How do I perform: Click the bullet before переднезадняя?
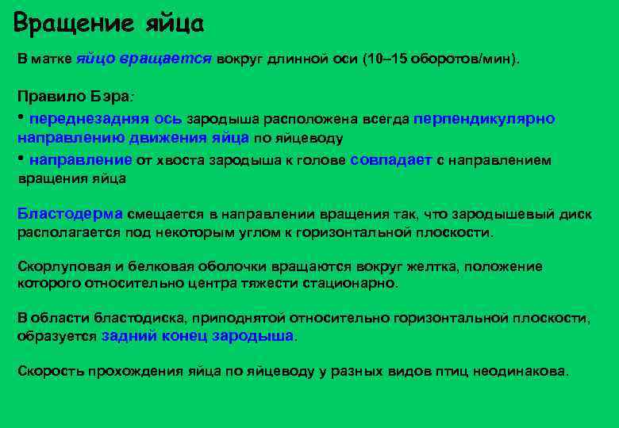(21, 117)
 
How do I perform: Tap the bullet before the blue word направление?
(21, 157)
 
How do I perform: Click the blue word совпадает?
(390, 159)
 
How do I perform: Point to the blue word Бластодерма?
(70, 214)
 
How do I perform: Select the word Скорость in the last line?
(51, 371)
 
